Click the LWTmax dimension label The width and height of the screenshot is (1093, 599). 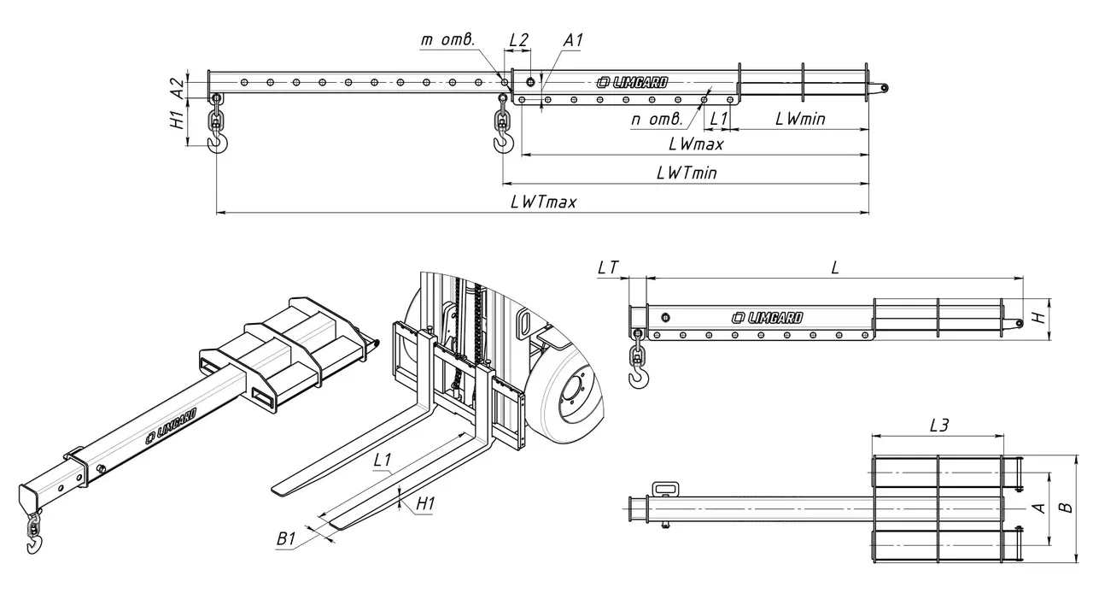tap(543, 202)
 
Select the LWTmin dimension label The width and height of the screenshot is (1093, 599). tap(686, 173)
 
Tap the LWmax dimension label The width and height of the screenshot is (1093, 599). tap(696, 144)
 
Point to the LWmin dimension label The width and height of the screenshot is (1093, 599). tap(799, 119)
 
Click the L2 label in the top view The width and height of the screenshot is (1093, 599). tap(518, 40)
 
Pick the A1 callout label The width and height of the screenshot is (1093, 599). tap(573, 40)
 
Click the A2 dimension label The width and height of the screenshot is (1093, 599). tap(176, 86)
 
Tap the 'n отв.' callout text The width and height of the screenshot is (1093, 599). tap(656, 119)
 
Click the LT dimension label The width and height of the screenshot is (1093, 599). tap(607, 267)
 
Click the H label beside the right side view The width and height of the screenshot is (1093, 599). tap(1037, 317)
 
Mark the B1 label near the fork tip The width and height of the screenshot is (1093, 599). tap(286, 539)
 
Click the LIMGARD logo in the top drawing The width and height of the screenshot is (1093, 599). tap(633, 82)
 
